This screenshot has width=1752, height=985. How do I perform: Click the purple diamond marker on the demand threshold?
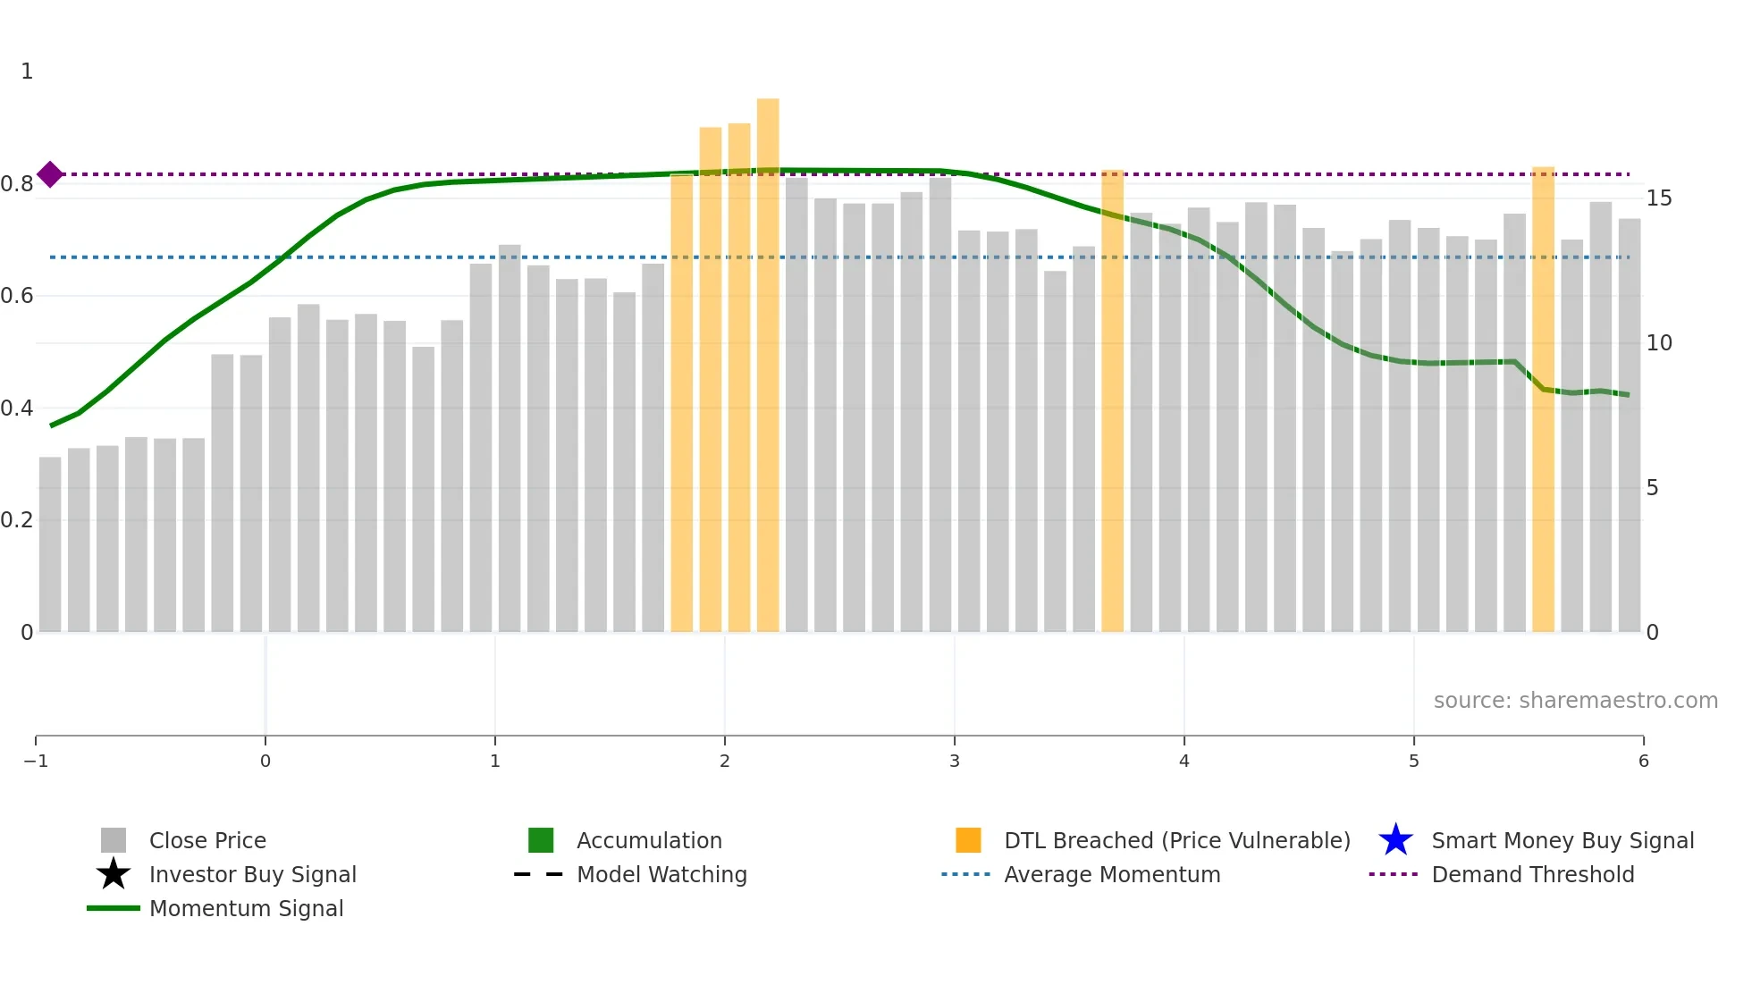(50, 174)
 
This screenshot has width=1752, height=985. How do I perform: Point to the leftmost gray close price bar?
(50, 544)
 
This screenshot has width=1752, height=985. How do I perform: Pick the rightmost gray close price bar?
(1629, 425)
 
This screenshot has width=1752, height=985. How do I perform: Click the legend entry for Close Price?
(207, 840)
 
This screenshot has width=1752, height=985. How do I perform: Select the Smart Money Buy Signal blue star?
(1395, 840)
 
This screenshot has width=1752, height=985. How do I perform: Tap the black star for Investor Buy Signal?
(114, 874)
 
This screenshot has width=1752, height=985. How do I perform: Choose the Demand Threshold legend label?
(1532, 874)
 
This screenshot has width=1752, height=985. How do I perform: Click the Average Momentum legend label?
(1112, 874)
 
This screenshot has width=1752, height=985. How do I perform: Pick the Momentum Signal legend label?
(246, 908)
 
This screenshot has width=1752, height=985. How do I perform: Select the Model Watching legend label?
(661, 874)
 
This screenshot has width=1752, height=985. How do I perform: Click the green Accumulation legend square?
(541, 840)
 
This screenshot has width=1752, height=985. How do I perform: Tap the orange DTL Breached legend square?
(968, 840)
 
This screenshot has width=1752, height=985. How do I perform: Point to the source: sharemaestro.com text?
(1575, 700)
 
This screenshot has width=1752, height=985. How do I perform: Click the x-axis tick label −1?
(36, 761)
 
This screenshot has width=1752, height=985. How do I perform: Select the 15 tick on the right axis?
(1658, 198)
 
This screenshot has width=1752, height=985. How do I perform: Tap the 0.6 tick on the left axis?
(17, 295)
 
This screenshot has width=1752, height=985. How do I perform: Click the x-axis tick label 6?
(1643, 761)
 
